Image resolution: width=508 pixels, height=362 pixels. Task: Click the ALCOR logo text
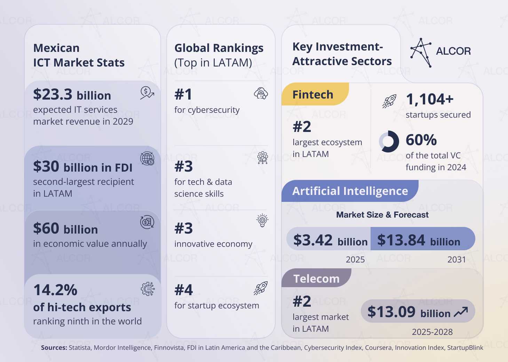tap(453, 51)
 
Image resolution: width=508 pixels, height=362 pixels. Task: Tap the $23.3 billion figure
tap(72, 95)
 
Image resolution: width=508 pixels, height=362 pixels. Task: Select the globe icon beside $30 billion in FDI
tap(147, 158)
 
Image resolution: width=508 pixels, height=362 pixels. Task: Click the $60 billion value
tap(65, 229)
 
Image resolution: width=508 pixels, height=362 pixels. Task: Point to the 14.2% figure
tap(55, 290)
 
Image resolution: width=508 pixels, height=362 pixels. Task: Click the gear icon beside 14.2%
tap(148, 289)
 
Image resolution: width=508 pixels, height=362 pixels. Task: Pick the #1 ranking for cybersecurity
tap(183, 94)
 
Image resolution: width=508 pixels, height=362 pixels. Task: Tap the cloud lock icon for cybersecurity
tap(261, 93)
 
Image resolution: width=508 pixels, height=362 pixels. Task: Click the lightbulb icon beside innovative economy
tap(262, 220)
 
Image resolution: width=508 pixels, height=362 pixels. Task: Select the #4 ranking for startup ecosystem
tap(184, 290)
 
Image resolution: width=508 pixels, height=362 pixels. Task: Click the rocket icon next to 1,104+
tap(389, 101)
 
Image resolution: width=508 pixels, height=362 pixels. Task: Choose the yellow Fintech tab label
tap(313, 95)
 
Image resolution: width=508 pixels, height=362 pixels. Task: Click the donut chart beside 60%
tap(389, 141)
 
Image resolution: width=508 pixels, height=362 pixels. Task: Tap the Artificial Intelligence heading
tap(350, 191)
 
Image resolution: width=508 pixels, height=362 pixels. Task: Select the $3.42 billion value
tap(330, 240)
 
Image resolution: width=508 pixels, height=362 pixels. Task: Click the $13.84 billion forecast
tap(419, 240)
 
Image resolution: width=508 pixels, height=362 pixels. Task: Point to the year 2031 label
tap(457, 260)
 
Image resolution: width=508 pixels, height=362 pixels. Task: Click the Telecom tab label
tap(316, 279)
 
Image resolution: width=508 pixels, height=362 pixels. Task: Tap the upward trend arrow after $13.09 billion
tap(461, 312)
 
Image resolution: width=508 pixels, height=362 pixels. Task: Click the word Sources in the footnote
tap(54, 348)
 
